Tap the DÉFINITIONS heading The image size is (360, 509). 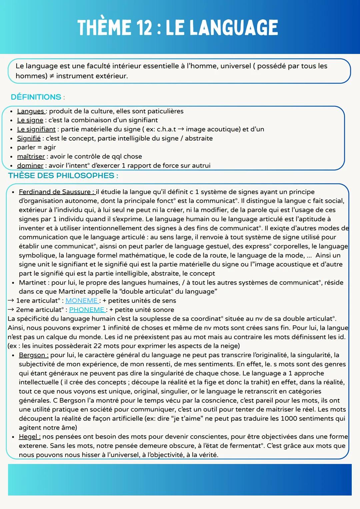coord(36,97)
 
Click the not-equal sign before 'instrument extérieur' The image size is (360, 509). coord(52,76)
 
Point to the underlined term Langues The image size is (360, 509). coord(31,111)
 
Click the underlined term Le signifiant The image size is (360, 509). coord(36,129)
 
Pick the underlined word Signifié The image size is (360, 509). coord(29,138)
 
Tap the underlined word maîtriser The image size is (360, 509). coord(31,157)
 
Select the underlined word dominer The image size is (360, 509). coord(30,166)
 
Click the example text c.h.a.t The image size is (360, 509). coord(166,129)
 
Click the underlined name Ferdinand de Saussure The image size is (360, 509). coord(55,192)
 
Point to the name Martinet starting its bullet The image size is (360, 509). coord(32,283)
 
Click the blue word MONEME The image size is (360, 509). coord(82,301)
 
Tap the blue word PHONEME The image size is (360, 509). coord(87,310)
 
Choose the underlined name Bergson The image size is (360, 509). coord(32,355)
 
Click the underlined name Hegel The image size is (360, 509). coord(28,437)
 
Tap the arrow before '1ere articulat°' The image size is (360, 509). coord(11,301)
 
